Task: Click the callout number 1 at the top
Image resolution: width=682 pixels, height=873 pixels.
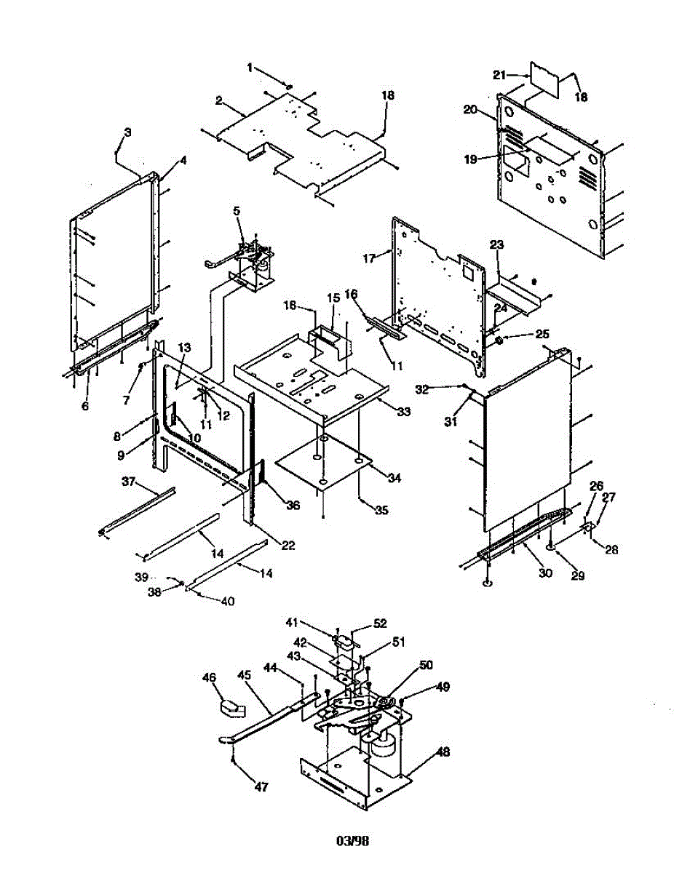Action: click(x=250, y=68)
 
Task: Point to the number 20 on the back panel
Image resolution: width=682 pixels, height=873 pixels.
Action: click(x=469, y=110)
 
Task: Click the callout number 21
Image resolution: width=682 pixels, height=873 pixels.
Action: click(x=518, y=75)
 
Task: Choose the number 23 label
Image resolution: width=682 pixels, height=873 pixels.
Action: click(x=496, y=246)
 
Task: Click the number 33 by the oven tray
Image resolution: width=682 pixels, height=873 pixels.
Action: click(x=403, y=412)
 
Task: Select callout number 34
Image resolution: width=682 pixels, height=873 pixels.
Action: click(x=395, y=478)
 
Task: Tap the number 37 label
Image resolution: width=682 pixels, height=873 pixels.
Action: click(x=128, y=482)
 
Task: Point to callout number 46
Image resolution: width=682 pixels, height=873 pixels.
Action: click(x=210, y=678)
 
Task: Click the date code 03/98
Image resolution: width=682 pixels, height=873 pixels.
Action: click(x=352, y=842)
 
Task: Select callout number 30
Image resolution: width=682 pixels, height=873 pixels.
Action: click(x=545, y=573)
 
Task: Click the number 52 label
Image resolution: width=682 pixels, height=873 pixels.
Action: click(x=380, y=623)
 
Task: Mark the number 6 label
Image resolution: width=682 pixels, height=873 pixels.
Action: click(x=85, y=406)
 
